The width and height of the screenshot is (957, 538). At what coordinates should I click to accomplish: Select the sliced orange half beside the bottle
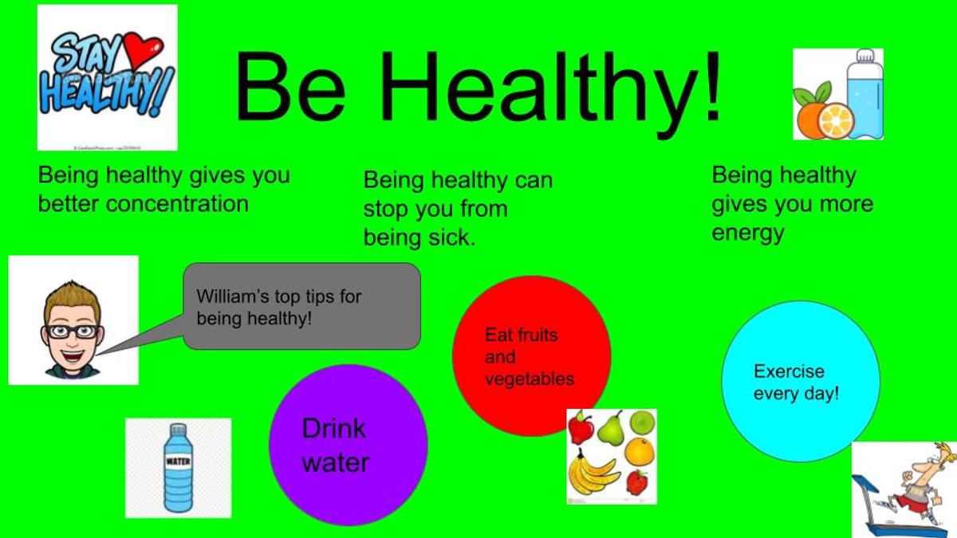click(x=836, y=120)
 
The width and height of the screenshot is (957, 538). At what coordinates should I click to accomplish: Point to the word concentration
click(x=177, y=204)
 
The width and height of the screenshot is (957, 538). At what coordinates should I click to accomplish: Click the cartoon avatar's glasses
click(x=73, y=332)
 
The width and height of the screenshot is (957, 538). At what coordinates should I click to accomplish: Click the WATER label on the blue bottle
click(x=178, y=461)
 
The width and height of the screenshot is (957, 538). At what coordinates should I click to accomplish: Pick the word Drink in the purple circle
click(x=333, y=428)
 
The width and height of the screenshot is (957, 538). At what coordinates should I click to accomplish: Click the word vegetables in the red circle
click(x=530, y=379)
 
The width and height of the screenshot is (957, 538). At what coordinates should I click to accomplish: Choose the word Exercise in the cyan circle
click(x=789, y=371)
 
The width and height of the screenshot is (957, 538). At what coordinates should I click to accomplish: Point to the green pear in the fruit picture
click(x=612, y=428)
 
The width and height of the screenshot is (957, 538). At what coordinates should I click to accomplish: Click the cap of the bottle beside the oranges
click(x=865, y=57)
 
